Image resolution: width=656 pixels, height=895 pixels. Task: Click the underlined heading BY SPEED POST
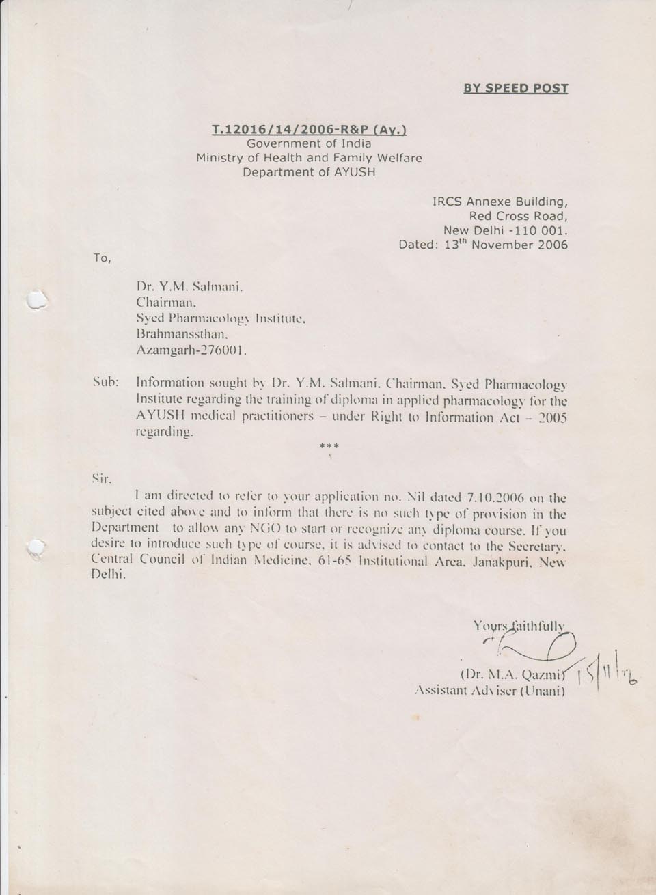click(x=516, y=88)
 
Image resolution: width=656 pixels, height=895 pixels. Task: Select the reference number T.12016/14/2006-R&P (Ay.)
click(x=310, y=129)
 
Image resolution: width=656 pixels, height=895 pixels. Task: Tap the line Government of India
click(x=309, y=143)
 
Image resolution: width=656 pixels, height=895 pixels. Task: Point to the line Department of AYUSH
click(x=309, y=172)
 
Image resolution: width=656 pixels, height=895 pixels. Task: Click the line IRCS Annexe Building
click(x=500, y=202)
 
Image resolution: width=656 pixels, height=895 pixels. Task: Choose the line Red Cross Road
click(x=523, y=216)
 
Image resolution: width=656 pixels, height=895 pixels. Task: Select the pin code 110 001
click(x=540, y=230)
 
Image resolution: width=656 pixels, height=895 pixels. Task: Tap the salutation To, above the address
click(x=101, y=258)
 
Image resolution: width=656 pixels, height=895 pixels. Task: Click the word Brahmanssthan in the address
click(x=181, y=335)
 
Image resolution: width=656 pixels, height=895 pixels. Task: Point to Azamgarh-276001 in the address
click(x=191, y=351)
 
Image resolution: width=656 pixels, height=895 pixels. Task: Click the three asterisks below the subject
click(x=329, y=447)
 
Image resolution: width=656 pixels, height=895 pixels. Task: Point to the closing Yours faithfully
click(x=519, y=625)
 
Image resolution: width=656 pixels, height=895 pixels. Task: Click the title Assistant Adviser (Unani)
click(x=489, y=691)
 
